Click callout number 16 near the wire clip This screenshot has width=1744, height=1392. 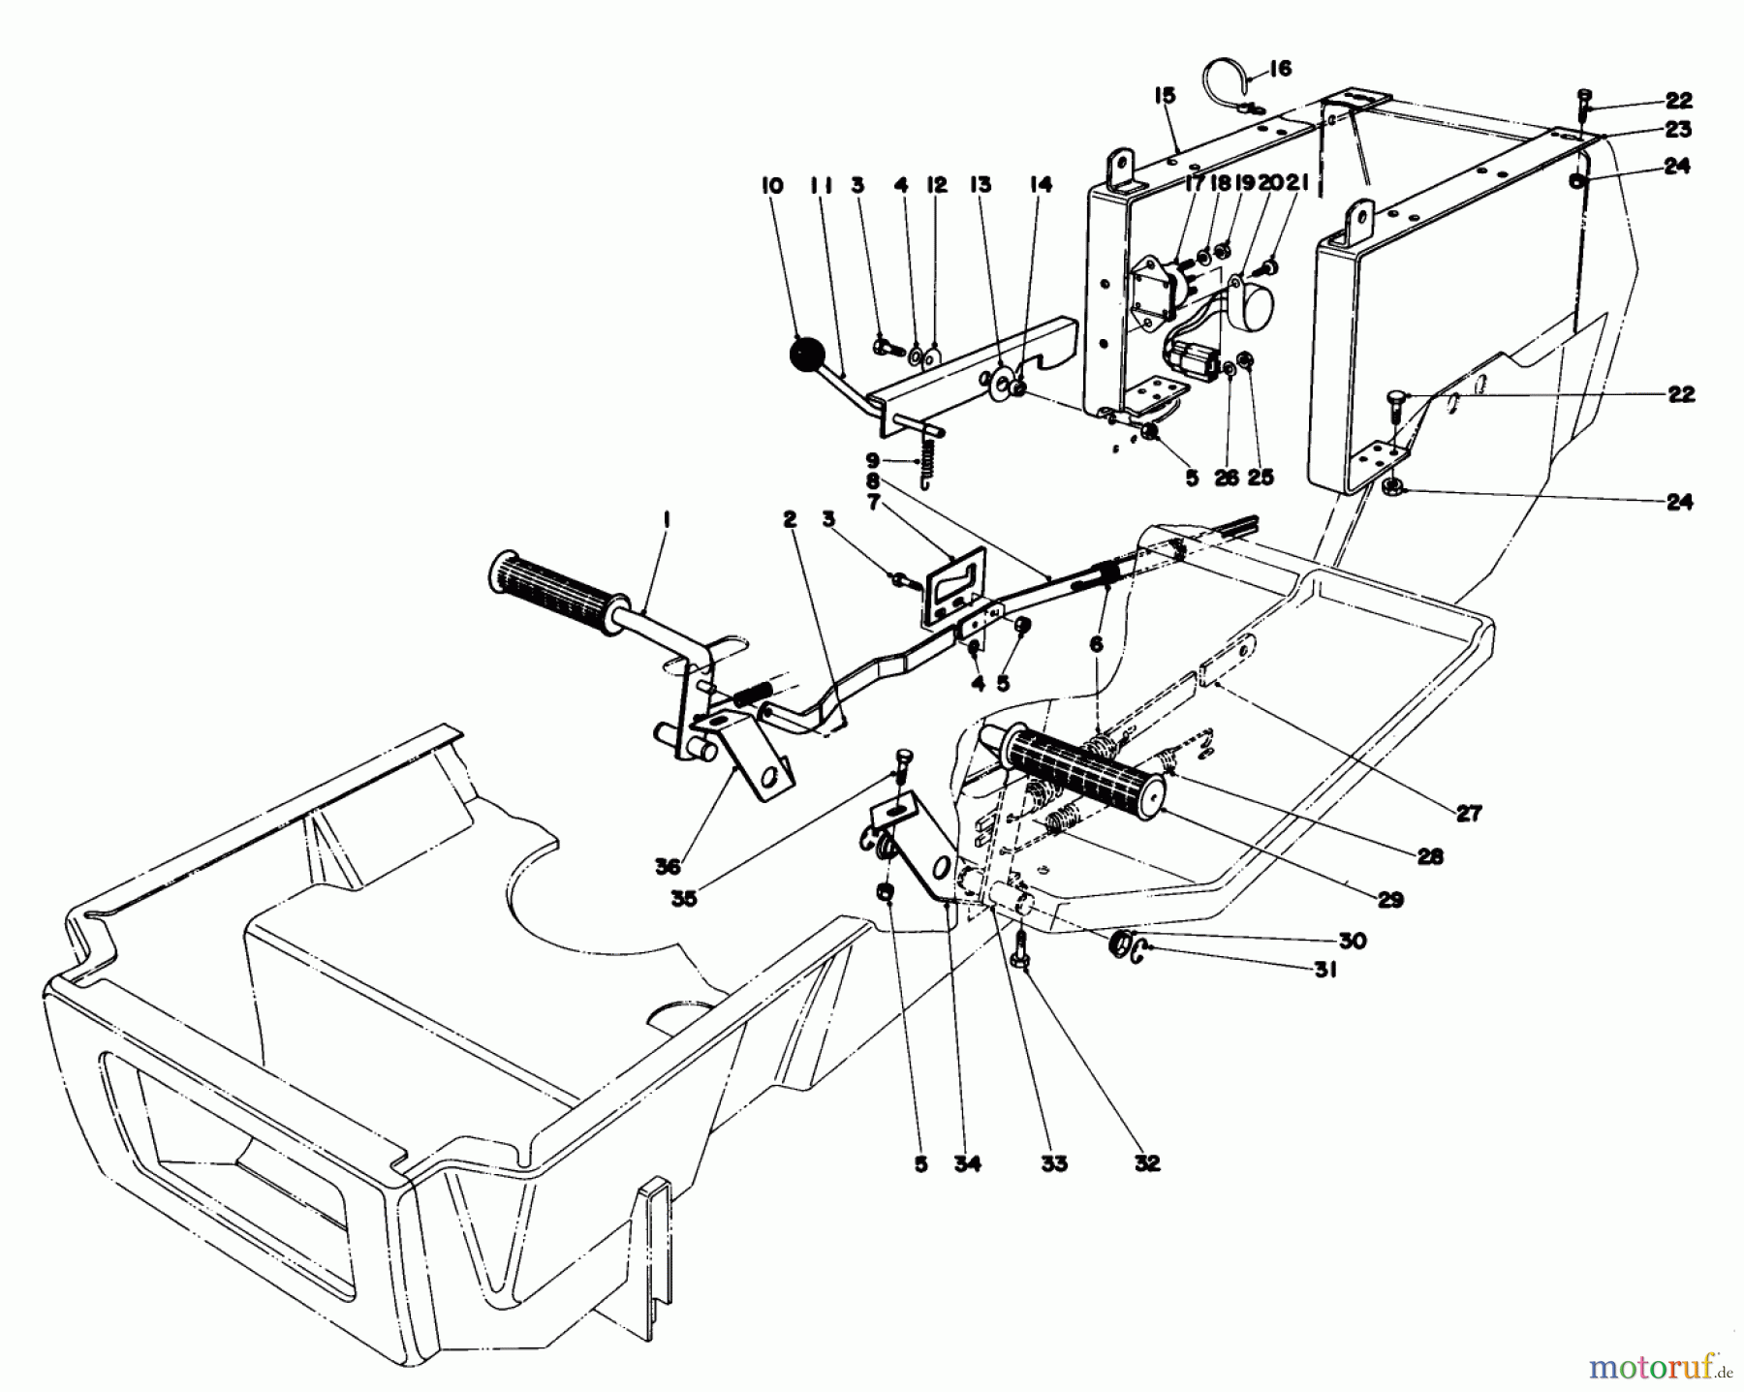1279,69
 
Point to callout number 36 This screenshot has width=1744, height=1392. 668,868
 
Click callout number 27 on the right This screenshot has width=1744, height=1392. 1469,814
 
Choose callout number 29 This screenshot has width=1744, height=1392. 1389,901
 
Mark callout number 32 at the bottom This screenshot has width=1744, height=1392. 1147,1163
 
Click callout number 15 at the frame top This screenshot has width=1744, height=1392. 1164,95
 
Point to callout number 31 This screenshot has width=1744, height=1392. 1324,970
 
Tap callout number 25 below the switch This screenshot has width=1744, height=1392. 1261,477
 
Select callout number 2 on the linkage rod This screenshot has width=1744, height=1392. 790,521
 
